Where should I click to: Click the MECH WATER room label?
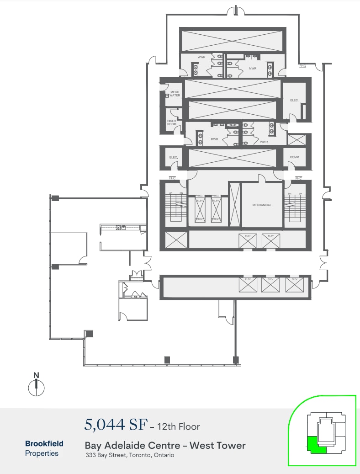click(x=175, y=94)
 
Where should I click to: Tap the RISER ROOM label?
click(x=171, y=122)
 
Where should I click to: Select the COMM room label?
click(x=294, y=157)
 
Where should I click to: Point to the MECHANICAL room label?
click(x=262, y=205)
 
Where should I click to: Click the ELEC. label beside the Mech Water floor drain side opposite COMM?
click(x=173, y=158)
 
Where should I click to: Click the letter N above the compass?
click(x=36, y=375)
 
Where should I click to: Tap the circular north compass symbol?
click(x=36, y=388)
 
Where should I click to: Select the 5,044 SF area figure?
click(x=116, y=425)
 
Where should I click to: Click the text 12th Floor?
click(x=178, y=426)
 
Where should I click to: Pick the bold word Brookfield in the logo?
click(x=44, y=443)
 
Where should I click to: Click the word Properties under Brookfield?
click(x=42, y=453)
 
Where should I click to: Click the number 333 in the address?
click(x=90, y=455)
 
